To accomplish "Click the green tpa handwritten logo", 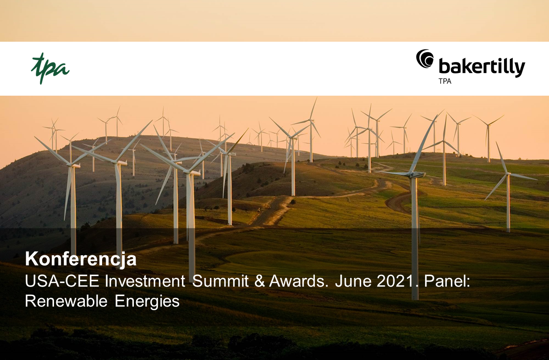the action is pyautogui.click(x=50, y=68).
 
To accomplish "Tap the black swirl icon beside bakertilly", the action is pyautogui.click(x=425, y=58).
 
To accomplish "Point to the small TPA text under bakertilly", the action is pyautogui.click(x=445, y=81).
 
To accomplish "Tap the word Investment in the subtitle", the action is pyautogui.click(x=145, y=281).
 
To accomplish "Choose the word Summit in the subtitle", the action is pyautogui.click(x=221, y=281).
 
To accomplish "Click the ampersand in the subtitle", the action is pyautogui.click(x=260, y=281).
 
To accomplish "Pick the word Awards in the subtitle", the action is pyautogui.click(x=297, y=281).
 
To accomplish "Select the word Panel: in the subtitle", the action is pyautogui.click(x=447, y=281).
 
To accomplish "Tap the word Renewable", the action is pyautogui.click(x=66, y=301).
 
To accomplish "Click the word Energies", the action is pyautogui.click(x=147, y=302).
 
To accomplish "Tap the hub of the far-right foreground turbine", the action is pyautogui.click(x=508, y=174).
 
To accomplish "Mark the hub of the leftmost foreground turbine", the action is pyautogui.click(x=71, y=165).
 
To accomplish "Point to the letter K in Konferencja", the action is pyautogui.click(x=31, y=258).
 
